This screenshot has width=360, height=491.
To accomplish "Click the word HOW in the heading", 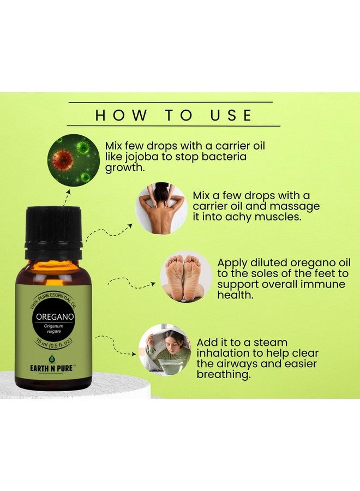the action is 121,115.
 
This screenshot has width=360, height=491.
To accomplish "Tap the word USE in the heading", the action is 231,115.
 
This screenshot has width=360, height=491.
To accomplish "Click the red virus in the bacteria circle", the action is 64,159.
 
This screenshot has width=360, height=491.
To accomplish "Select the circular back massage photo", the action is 161,208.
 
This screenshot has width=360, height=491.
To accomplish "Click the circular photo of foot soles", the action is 186,277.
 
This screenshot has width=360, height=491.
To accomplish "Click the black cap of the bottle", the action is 53,232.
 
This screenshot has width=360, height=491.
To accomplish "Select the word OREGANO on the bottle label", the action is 55,316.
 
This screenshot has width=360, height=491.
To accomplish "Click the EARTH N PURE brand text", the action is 51,368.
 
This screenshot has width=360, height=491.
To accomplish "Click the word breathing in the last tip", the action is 224,375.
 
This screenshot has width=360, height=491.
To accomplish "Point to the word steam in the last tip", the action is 271,342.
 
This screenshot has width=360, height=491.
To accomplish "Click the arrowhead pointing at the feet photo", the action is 153,284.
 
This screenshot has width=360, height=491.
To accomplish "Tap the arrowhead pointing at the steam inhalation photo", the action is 134,355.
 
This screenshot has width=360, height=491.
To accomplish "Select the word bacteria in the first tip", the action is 224,156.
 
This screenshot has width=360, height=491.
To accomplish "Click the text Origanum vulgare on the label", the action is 53,328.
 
